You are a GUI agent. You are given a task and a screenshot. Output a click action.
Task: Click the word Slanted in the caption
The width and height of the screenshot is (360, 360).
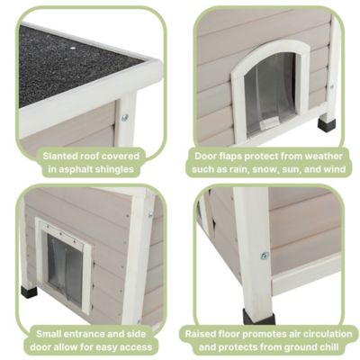coord(62,154)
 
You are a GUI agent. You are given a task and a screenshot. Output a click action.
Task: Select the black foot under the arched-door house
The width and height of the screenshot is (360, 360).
coord(325,123)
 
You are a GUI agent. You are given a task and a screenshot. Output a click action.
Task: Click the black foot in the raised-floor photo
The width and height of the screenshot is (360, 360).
coord(259,317)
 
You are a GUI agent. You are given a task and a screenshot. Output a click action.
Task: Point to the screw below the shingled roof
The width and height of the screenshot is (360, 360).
coord(124,117)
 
